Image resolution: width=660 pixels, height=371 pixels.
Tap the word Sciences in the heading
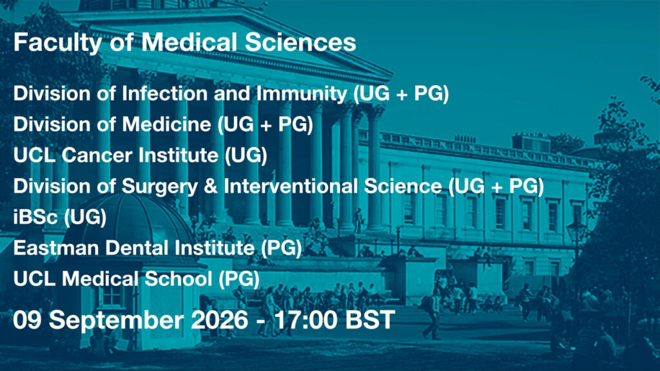pyautogui.click(x=300, y=42)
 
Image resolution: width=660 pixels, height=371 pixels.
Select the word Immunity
pyautogui.click(x=302, y=93)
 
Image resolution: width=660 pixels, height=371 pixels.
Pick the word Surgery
pyautogui.click(x=160, y=186)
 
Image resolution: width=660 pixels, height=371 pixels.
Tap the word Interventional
pyautogui.click(x=291, y=186)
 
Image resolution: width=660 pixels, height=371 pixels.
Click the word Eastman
pyautogui.click(x=57, y=248)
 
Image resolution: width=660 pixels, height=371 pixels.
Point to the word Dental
pyautogui.click(x=137, y=248)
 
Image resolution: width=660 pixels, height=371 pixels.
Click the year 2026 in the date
pyautogui.click(x=219, y=319)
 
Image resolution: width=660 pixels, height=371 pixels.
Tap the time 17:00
pyautogui.click(x=306, y=319)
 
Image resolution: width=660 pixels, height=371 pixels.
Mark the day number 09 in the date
pyautogui.click(x=27, y=319)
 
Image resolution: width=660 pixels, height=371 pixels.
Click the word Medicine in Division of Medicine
pyautogui.click(x=167, y=124)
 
